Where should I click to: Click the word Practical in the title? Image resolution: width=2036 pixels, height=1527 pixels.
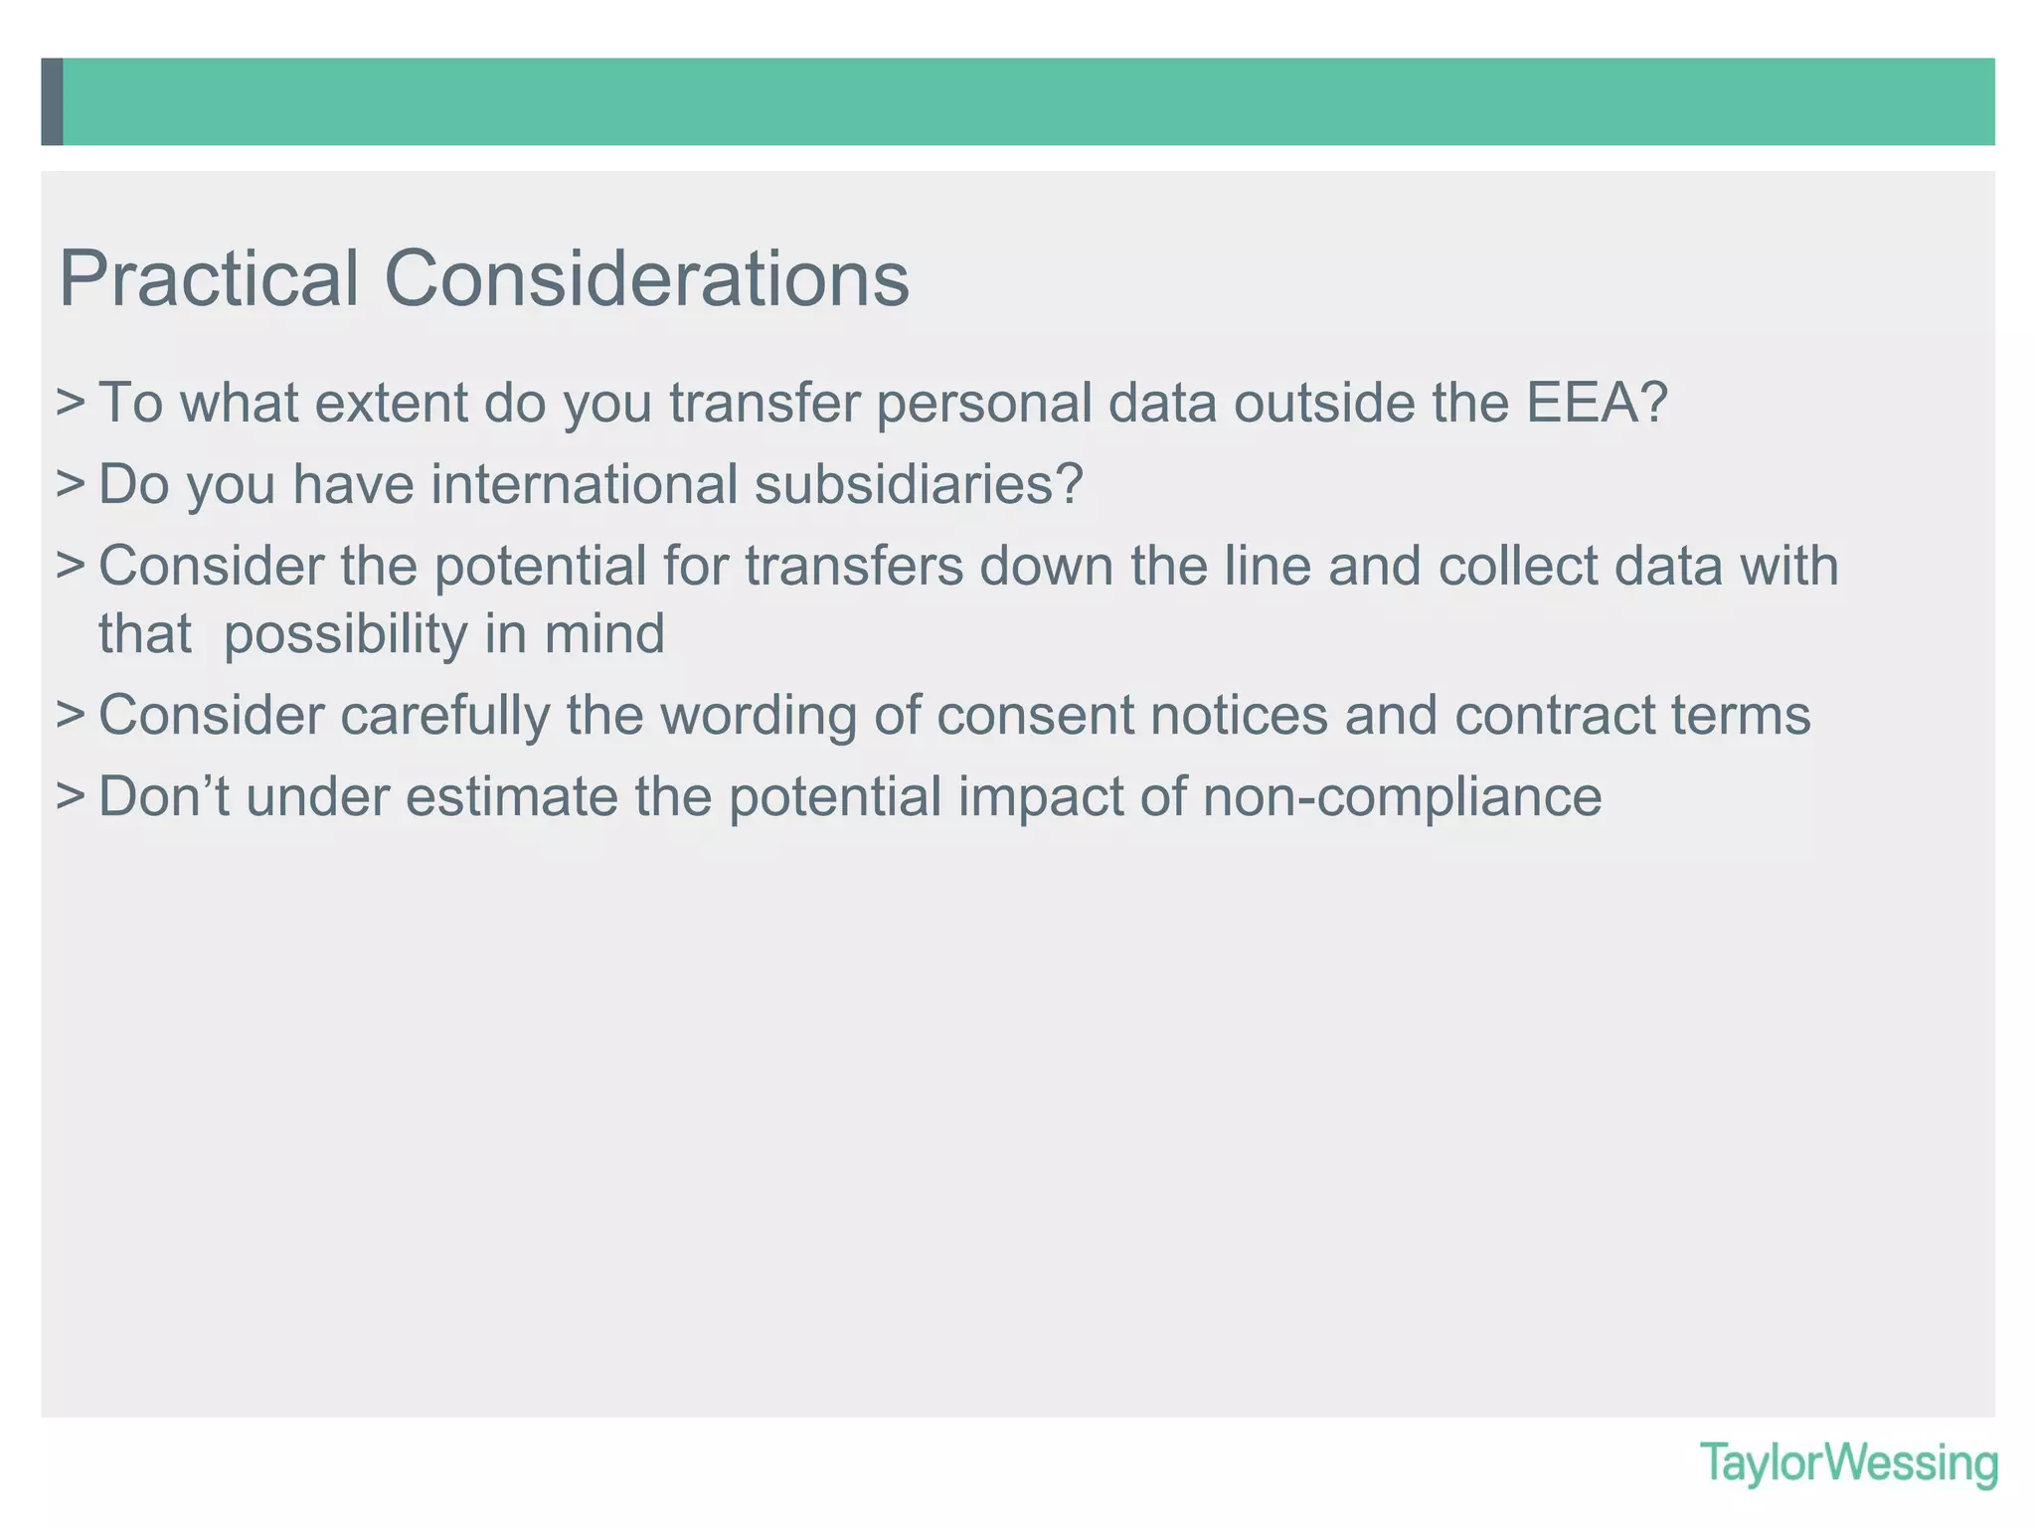click(x=209, y=279)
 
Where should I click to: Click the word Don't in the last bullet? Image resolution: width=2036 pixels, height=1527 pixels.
click(x=164, y=796)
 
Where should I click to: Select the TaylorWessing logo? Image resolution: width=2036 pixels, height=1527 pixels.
click(x=1848, y=1463)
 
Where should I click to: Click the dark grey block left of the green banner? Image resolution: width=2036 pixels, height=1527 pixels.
click(x=52, y=101)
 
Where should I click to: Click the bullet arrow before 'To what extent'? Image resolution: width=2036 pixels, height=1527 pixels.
click(x=71, y=404)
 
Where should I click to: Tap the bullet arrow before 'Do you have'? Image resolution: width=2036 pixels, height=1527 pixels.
click(x=71, y=485)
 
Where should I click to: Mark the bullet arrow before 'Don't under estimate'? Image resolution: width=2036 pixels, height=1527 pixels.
click(x=71, y=797)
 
